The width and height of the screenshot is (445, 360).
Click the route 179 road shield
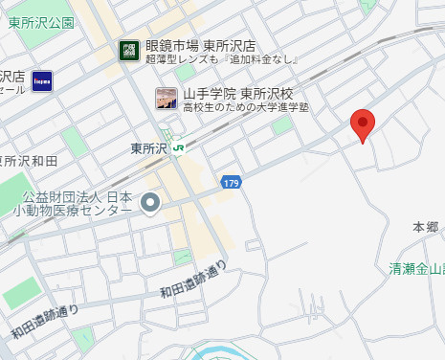(x=231, y=181)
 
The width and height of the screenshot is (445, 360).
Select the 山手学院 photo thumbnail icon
(x=167, y=99)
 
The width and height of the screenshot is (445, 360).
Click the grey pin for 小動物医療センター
(x=149, y=203)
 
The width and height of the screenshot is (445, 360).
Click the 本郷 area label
(x=425, y=227)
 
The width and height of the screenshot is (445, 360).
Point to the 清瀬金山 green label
(x=418, y=270)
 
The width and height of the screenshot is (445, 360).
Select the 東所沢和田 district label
(x=29, y=160)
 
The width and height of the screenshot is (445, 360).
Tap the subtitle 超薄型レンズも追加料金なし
(x=222, y=61)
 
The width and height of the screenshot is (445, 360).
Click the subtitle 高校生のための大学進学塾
(x=246, y=107)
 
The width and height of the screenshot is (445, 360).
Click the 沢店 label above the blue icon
(x=12, y=75)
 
